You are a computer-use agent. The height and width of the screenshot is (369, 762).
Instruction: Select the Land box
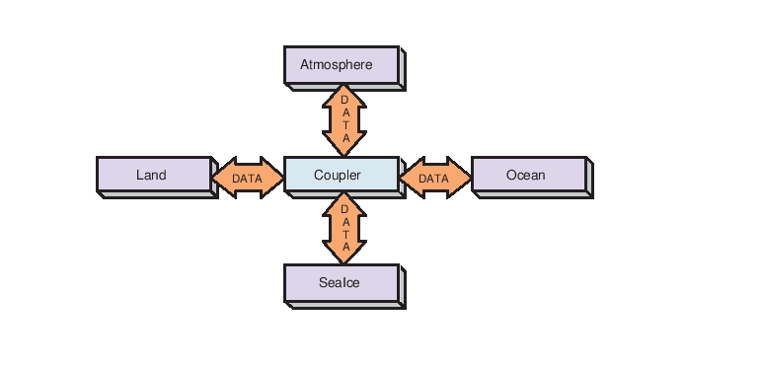[x=153, y=176]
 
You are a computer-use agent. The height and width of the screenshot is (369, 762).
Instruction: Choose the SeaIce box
[x=341, y=283]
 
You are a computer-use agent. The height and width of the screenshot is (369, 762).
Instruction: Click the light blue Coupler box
[x=341, y=175]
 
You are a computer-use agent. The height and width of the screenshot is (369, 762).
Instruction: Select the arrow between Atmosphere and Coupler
[x=344, y=119]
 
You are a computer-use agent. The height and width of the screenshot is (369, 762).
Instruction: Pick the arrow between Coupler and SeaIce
[x=344, y=228]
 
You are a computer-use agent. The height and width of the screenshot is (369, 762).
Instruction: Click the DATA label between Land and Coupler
[x=247, y=179]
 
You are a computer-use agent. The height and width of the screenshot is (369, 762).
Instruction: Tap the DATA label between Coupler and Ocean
[x=434, y=179]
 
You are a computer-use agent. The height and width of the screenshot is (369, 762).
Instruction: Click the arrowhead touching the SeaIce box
[x=344, y=256]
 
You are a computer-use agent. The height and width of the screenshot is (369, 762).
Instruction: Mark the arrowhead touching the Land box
[x=221, y=179]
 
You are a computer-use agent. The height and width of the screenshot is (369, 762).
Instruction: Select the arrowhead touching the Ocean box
[x=462, y=179]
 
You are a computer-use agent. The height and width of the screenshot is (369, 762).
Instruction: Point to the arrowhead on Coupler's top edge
[x=344, y=148]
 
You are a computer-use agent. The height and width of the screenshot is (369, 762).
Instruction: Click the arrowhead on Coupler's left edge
[x=274, y=179]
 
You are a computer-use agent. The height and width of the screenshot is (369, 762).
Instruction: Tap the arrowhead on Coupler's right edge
[x=409, y=179]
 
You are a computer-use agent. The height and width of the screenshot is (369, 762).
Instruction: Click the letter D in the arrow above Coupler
[x=344, y=100]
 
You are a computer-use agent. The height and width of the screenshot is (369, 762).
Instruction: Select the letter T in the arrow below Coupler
[x=344, y=234]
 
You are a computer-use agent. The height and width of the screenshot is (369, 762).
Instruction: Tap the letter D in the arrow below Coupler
[x=344, y=208]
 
